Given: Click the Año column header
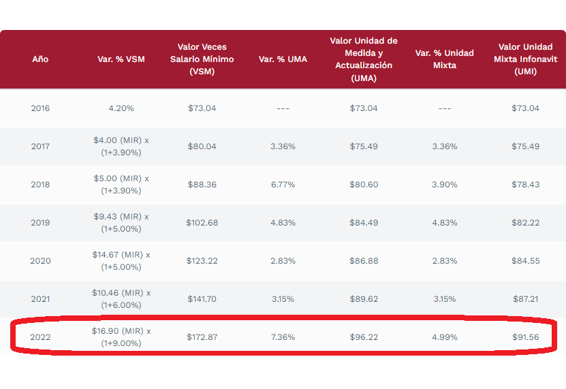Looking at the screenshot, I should pyautogui.click(x=40, y=59).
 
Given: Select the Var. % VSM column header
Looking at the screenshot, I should pyautogui.click(x=121, y=59).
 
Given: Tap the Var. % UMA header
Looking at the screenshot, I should pyautogui.click(x=283, y=59).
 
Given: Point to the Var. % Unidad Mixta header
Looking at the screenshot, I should pyautogui.click(x=445, y=59).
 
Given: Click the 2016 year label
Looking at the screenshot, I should pyautogui.click(x=40, y=108).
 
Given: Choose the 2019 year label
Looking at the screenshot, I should pyautogui.click(x=40, y=223).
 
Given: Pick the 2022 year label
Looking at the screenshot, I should pyautogui.click(x=40, y=337).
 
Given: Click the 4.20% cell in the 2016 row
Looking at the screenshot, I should pyautogui.click(x=121, y=108).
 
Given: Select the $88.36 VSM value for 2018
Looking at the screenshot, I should pyautogui.click(x=202, y=185).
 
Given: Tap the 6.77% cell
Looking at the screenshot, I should pyautogui.click(x=283, y=185).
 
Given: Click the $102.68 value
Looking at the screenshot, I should pyautogui.click(x=202, y=223).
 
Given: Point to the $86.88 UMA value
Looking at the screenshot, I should pyautogui.click(x=364, y=261).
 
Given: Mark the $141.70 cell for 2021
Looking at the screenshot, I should pyautogui.click(x=202, y=299).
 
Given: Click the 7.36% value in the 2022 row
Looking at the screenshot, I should pyautogui.click(x=283, y=337).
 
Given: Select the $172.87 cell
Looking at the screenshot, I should pyautogui.click(x=202, y=337).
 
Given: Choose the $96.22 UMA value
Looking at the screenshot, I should pyautogui.click(x=364, y=337).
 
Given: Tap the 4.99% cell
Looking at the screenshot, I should pyautogui.click(x=445, y=337).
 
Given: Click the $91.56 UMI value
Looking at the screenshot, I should pyautogui.click(x=525, y=337).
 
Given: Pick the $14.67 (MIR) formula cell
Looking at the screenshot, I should pyautogui.click(x=121, y=261).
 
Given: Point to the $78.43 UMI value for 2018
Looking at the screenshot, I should pyautogui.click(x=525, y=185).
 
